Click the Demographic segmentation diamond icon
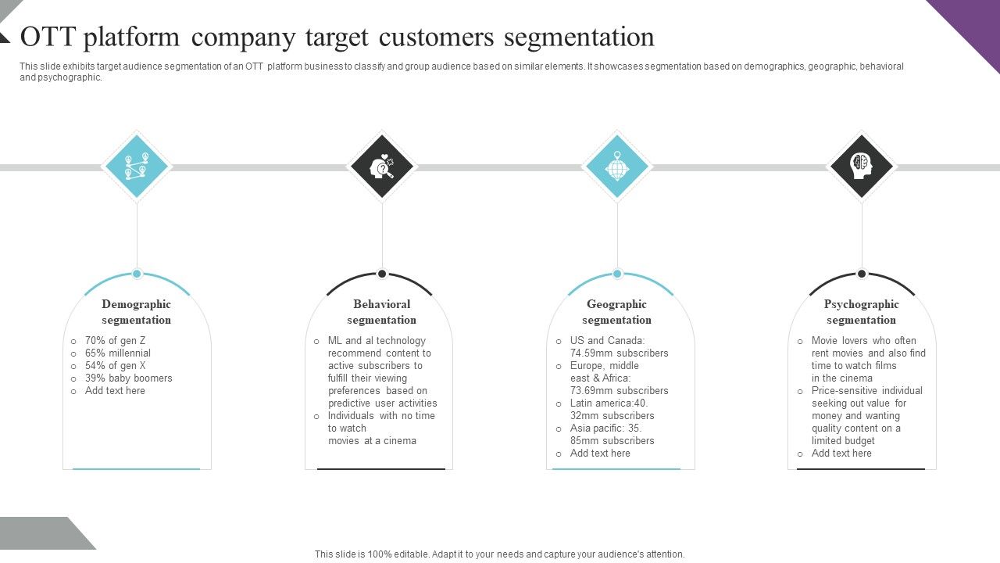click(137, 167)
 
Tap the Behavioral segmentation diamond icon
click(382, 167)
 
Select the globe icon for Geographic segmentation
click(617, 167)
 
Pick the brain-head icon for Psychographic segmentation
click(862, 167)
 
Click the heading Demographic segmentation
click(136, 312)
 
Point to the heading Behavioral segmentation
click(381, 312)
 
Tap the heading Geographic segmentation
click(616, 312)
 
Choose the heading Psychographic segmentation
click(861, 312)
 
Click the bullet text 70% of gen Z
click(115, 341)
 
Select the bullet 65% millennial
click(117, 353)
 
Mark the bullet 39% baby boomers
click(128, 378)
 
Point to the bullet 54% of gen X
click(115, 366)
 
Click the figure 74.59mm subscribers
click(619, 353)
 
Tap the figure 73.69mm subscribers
click(619, 391)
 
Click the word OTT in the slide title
click(48, 37)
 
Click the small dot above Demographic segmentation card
click(137, 274)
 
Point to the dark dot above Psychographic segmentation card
click(862, 274)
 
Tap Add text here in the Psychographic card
click(841, 454)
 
